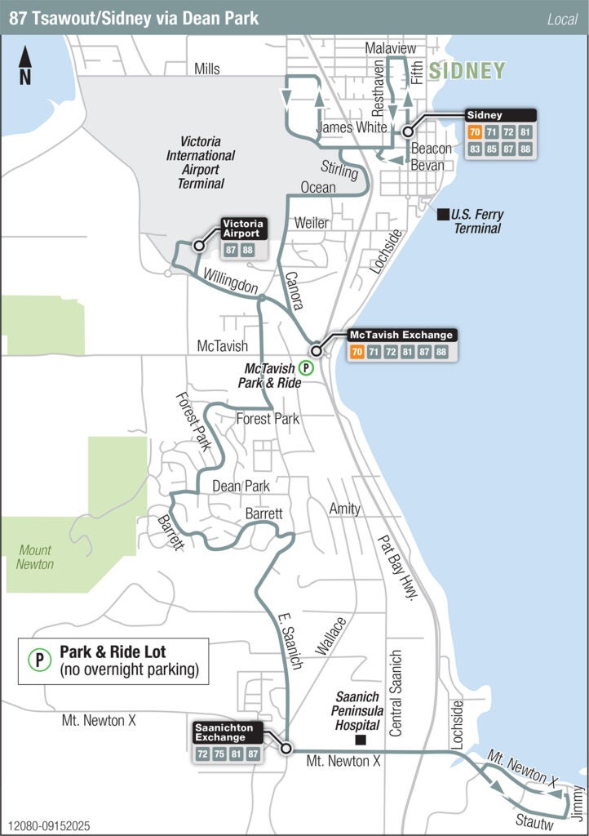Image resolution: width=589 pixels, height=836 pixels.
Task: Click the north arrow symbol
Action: [25, 64]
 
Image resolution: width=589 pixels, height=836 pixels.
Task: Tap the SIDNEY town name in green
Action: [467, 71]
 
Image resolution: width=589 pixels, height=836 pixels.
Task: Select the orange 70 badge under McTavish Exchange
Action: [356, 352]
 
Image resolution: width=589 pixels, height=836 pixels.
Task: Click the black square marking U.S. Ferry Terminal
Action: [442, 215]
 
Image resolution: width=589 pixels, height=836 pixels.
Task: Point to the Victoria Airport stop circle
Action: [198, 245]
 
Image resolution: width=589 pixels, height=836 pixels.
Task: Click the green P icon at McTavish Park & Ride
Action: [305, 367]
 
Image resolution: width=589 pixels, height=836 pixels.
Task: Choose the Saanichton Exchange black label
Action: [225, 732]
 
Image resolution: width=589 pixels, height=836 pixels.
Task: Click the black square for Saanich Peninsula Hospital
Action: [359, 740]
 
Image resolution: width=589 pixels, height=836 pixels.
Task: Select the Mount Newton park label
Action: [35, 557]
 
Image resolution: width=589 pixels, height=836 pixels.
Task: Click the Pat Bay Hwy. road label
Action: [396, 568]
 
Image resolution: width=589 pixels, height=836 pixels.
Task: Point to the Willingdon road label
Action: [231, 280]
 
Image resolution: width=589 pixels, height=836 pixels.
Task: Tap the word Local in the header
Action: [562, 19]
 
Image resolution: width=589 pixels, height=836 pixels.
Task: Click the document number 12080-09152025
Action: [51, 826]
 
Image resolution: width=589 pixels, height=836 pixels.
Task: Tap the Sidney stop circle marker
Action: [407, 131]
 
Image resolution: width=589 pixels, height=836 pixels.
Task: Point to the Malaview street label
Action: [390, 49]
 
